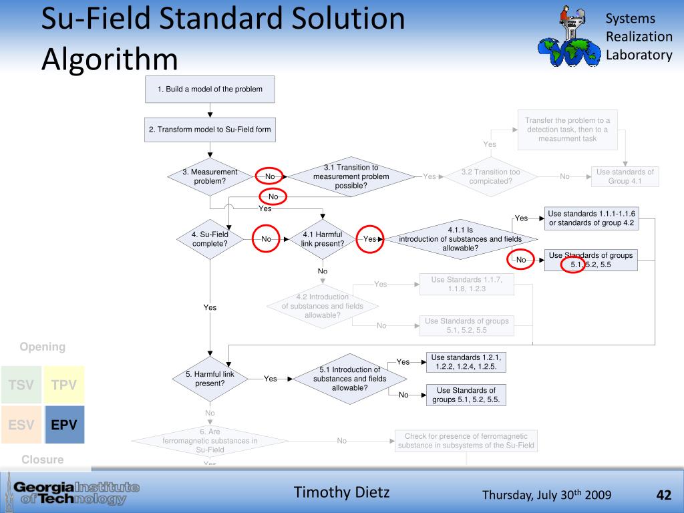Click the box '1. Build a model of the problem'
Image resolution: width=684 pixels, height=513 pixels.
(x=210, y=90)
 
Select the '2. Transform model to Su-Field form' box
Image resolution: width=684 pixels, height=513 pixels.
(x=210, y=130)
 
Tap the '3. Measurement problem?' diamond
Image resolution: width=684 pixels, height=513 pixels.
(x=210, y=176)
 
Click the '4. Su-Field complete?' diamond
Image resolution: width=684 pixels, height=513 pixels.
(x=210, y=238)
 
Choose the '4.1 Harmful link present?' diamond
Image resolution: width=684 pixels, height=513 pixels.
(x=323, y=238)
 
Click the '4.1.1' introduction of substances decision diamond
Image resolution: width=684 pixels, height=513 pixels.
(x=460, y=239)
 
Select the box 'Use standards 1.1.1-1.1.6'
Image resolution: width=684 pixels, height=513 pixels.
(x=591, y=218)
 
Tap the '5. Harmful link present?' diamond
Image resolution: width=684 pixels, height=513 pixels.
(x=210, y=379)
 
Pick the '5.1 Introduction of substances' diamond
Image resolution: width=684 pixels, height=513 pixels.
(x=349, y=379)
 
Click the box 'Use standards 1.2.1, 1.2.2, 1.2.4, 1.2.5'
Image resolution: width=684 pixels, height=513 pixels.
(x=466, y=361)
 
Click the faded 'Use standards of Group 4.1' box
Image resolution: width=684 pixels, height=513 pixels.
(x=625, y=176)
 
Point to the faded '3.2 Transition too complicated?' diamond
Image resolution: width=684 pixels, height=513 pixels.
(x=490, y=176)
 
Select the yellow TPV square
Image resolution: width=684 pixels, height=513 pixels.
(x=63, y=385)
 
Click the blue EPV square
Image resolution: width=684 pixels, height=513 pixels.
(x=63, y=424)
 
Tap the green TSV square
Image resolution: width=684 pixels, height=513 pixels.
(x=21, y=385)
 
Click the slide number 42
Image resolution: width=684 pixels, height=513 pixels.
(x=663, y=495)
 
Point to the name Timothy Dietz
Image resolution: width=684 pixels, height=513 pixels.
(x=342, y=493)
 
